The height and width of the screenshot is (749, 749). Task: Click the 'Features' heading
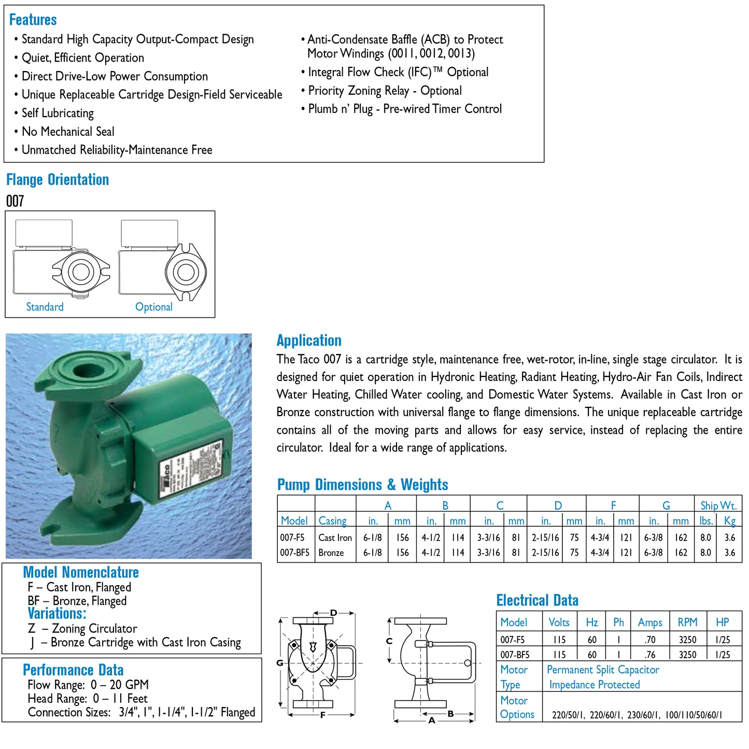(x=33, y=20)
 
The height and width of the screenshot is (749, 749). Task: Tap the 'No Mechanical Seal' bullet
(x=67, y=132)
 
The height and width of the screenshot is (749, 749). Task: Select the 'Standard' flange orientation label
(x=45, y=307)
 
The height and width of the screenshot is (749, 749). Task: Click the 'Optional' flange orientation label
(x=153, y=307)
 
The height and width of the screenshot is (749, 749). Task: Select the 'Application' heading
(x=308, y=341)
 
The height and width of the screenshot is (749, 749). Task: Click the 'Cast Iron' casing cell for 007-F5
(x=335, y=538)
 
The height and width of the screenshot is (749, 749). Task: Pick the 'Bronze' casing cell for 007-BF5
(x=331, y=553)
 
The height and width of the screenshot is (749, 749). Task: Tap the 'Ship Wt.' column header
(x=717, y=505)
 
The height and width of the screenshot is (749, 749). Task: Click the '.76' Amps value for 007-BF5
(x=649, y=655)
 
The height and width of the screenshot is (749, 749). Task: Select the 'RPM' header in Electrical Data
(x=687, y=623)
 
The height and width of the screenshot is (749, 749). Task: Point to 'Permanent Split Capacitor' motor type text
(x=602, y=670)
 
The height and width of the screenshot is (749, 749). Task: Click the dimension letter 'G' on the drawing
(x=280, y=663)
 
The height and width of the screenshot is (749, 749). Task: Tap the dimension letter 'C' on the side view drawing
(x=389, y=641)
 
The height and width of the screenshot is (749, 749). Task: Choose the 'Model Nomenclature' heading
(x=81, y=572)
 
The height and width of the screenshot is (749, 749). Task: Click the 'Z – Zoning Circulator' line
(x=83, y=629)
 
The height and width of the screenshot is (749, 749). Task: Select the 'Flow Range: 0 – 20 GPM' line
(x=88, y=685)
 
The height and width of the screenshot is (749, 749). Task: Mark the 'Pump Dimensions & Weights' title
(x=362, y=485)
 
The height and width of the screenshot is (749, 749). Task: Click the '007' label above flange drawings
(x=15, y=201)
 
